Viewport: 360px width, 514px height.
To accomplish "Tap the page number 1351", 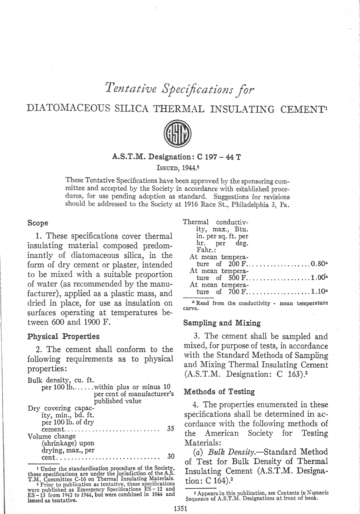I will pos(180,509).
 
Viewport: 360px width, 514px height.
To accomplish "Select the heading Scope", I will pos(38,223).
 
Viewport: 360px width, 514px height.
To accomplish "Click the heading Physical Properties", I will pos(64,336).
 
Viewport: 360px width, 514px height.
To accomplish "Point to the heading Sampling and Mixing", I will pos(222,323).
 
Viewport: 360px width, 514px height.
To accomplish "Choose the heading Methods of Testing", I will pos(219,392).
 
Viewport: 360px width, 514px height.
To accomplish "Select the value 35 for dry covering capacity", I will pos(171,429).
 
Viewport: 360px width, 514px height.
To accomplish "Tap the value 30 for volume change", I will pos(171,457).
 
